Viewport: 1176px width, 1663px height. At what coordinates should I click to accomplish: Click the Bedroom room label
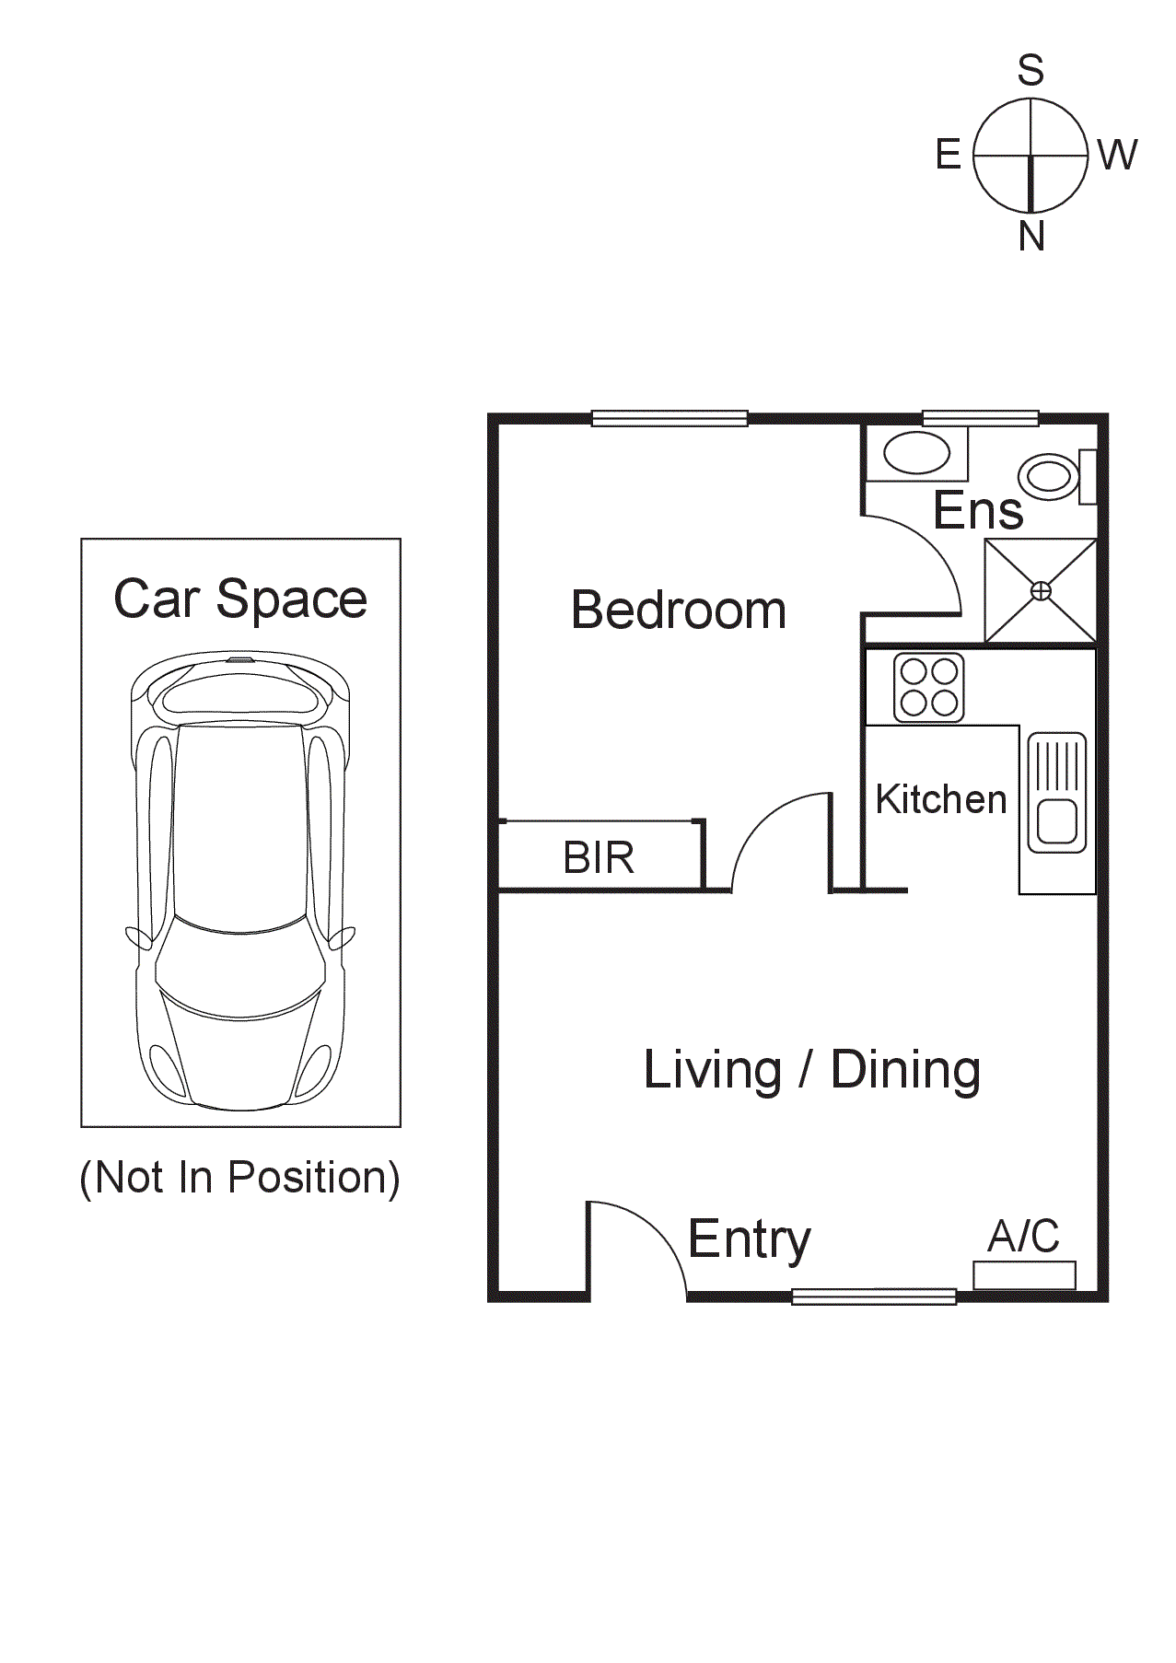[679, 610]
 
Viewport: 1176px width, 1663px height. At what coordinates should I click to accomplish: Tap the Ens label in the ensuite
[977, 510]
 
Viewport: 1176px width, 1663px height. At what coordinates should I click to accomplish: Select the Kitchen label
[940, 799]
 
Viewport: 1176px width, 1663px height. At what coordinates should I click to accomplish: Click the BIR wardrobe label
[599, 858]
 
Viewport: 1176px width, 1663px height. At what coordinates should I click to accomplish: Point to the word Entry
[749, 1239]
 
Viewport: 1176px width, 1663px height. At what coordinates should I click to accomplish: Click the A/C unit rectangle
[1024, 1275]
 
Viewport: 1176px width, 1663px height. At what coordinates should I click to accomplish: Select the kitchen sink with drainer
[1057, 792]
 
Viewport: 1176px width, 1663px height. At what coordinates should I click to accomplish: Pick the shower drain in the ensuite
[1041, 591]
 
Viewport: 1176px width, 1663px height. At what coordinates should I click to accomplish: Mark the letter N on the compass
[1031, 237]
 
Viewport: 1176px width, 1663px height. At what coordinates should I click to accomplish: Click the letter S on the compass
[1030, 71]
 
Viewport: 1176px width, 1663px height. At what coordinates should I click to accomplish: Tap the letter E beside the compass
[948, 155]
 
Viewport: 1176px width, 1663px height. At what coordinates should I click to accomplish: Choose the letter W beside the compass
[1117, 155]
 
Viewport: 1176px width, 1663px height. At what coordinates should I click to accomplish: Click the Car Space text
[240, 599]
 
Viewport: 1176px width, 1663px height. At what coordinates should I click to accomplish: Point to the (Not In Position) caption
[240, 1177]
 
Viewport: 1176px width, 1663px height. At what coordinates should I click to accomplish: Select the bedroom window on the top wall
[669, 419]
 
